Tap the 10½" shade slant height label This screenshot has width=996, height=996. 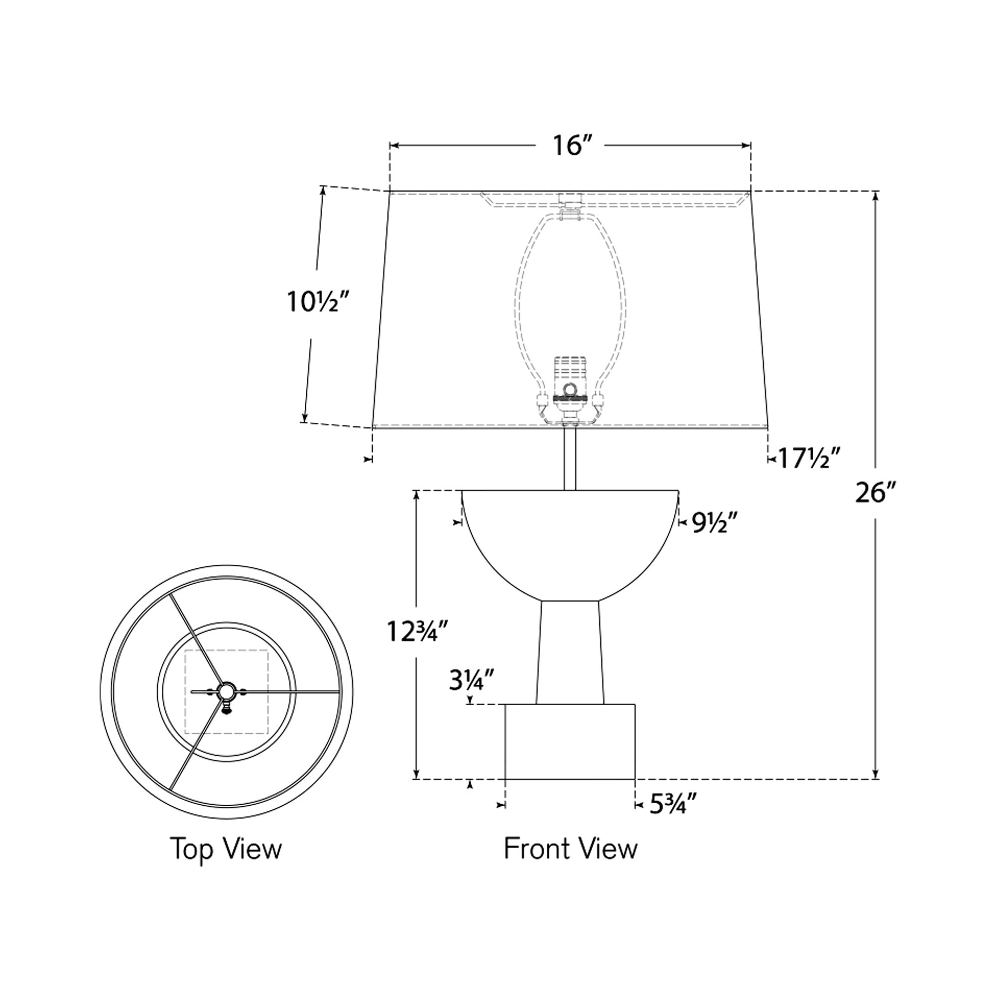click(x=319, y=302)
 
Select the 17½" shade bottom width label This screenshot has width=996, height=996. click(x=809, y=458)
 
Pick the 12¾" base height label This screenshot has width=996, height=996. click(x=419, y=631)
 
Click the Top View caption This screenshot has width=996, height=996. click(x=226, y=849)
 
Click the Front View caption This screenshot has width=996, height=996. click(x=570, y=849)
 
